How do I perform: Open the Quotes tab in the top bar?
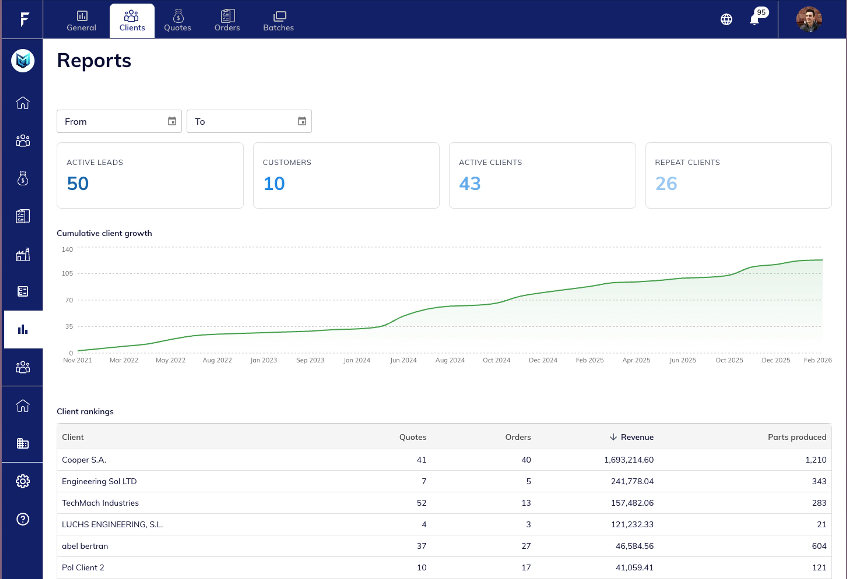(x=178, y=20)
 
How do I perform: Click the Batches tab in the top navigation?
(x=278, y=20)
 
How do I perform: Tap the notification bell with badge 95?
(x=754, y=19)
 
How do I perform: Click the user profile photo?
(x=809, y=19)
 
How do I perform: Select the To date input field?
(x=244, y=121)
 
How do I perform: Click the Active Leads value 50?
(x=78, y=183)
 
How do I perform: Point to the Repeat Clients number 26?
(x=666, y=183)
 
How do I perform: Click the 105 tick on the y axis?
(x=67, y=274)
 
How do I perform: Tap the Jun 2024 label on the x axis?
(x=403, y=360)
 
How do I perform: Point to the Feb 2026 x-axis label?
(x=817, y=360)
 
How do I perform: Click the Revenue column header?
(x=637, y=437)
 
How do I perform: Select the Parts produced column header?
(x=797, y=437)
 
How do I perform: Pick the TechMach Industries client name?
(x=100, y=503)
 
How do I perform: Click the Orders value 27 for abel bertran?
(x=526, y=546)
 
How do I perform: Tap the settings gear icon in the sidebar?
(x=22, y=481)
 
